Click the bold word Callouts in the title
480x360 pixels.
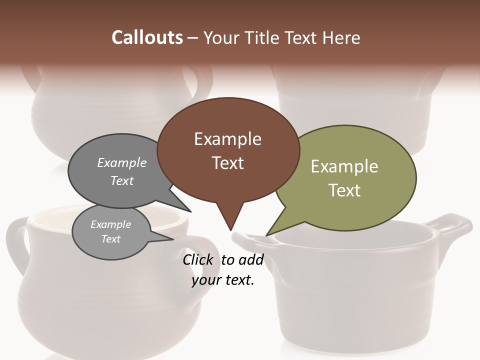tap(147, 37)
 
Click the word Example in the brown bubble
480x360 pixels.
tap(227, 139)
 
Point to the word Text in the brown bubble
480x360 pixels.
tap(227, 163)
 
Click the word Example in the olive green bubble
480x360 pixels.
tap(344, 166)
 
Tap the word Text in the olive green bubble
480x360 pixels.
tap(344, 190)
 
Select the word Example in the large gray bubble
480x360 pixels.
tap(122, 163)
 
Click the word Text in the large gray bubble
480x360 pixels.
tap(122, 180)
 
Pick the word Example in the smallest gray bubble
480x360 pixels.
tap(110, 224)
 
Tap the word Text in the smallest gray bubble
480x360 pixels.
tap(110, 239)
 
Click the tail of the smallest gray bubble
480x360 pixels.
tap(168, 239)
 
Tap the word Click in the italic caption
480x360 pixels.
tap(197, 259)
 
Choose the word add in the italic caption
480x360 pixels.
tap(250, 259)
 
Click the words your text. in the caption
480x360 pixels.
tap(223, 280)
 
